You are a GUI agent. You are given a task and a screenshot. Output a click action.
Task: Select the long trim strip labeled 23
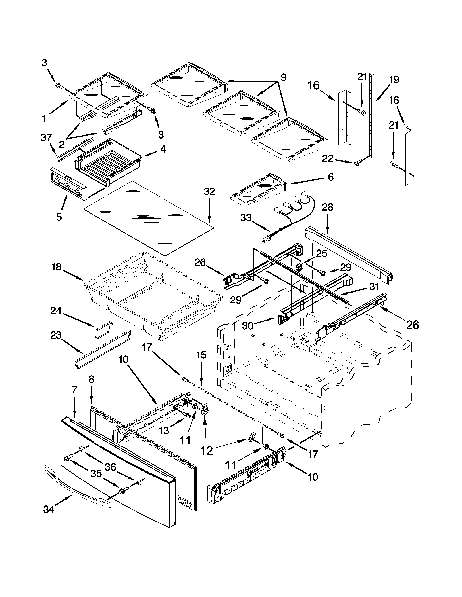tap(103, 350)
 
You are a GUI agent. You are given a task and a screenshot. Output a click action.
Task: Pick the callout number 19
tap(394, 80)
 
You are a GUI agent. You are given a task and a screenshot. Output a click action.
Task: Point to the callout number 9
tap(284, 77)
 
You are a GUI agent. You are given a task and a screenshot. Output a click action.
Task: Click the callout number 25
tap(322, 254)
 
